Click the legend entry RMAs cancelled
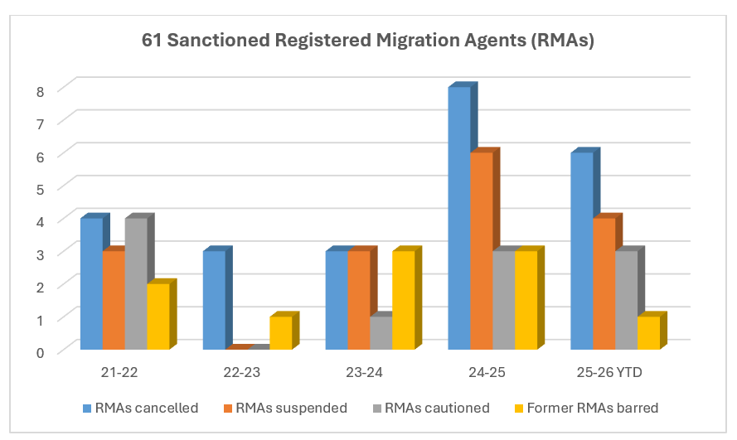(x=140, y=407)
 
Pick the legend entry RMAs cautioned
(x=430, y=407)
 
